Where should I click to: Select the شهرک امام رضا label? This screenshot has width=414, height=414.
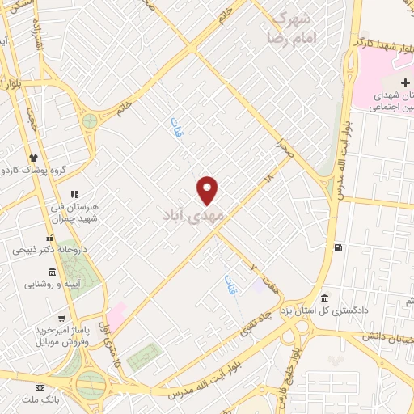pyautogui.click(x=294, y=27)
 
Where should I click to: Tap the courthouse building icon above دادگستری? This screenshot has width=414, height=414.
pyautogui.click(x=324, y=298)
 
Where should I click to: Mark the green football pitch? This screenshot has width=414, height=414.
pyautogui.click(x=142, y=353)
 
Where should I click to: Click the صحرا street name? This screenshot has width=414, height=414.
pyautogui.click(x=283, y=146)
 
